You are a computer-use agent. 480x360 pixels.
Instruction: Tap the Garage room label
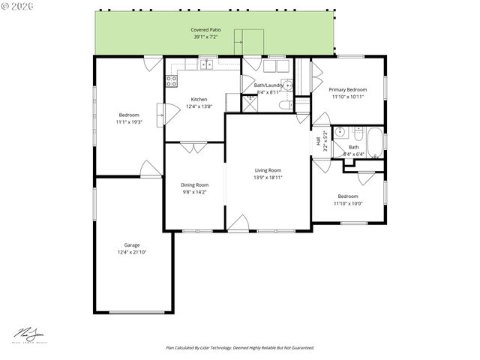pyautogui.click(x=131, y=244)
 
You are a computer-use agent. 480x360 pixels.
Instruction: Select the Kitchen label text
pyautogui.click(x=199, y=99)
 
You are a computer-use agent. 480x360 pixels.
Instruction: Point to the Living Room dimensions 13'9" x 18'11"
pyautogui.click(x=268, y=178)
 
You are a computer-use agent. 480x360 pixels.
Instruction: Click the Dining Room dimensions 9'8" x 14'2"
pyautogui.click(x=194, y=192)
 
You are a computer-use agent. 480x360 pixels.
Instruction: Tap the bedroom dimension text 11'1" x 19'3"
pyautogui.click(x=129, y=121)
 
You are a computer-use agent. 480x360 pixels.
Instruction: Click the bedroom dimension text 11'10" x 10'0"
pyautogui.click(x=347, y=202)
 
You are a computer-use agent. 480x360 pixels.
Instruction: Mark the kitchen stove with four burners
pyautogui.click(x=172, y=81)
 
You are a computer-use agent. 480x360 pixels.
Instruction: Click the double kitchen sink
pyautogui.click(x=206, y=65)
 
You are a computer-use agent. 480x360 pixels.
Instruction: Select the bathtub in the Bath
pyautogui.click(x=374, y=142)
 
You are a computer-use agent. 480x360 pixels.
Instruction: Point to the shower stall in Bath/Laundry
pyautogui.click(x=250, y=102)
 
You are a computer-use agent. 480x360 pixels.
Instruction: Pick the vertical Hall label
pyautogui.click(x=318, y=142)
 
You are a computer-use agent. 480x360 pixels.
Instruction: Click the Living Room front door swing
pyautogui.click(x=239, y=223)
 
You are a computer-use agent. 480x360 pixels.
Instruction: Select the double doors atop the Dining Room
pyautogui.click(x=193, y=148)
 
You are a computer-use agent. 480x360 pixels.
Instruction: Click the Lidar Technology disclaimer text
pyautogui.click(x=239, y=348)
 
